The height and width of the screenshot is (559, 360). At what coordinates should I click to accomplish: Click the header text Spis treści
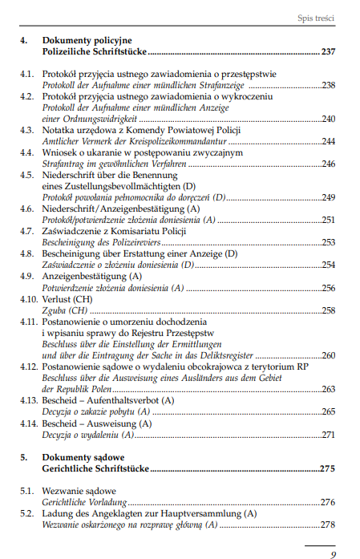(315, 18)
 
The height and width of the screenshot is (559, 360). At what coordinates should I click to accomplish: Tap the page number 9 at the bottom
(333, 553)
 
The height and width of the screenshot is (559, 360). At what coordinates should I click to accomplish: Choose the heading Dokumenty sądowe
(79, 456)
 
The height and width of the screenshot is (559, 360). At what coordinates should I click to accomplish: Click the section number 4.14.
(29, 423)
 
